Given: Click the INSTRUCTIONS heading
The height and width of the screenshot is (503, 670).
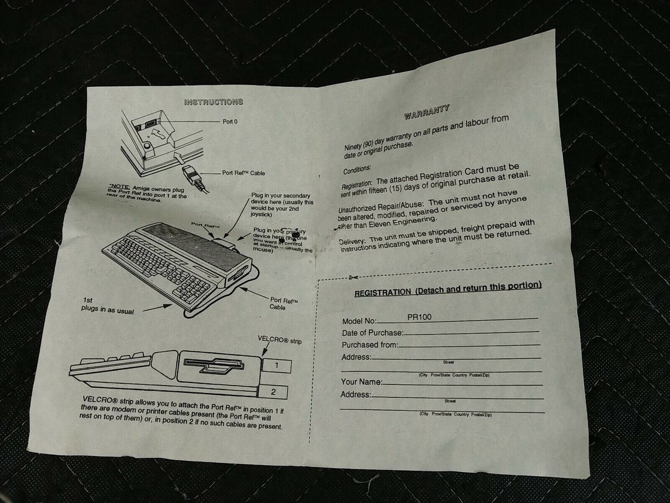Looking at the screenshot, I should pos(213,102).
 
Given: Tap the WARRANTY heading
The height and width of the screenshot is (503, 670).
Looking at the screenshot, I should pos(427,112).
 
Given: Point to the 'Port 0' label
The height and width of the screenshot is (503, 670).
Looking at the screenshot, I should pos(230,122).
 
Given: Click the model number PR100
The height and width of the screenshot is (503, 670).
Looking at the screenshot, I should pos(419,317).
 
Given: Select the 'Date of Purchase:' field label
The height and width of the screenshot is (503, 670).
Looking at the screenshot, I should pos(372,333).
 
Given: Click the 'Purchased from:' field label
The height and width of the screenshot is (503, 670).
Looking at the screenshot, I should pos(370,345).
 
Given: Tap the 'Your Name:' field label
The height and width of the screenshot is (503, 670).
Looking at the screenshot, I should pos(361,382).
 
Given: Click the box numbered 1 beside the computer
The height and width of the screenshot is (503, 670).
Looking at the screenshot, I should pos(276,366).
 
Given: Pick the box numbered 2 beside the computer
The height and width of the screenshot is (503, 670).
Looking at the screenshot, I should pos(274,392).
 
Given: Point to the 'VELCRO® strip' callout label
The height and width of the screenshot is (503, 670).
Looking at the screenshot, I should pos(280,341).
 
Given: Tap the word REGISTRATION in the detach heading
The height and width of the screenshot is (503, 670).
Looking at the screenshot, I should pos(382,293).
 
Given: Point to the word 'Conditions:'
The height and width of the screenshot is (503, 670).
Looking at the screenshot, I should pos(357,171).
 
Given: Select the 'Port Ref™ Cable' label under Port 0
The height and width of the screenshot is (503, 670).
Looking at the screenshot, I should pos(243,173).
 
